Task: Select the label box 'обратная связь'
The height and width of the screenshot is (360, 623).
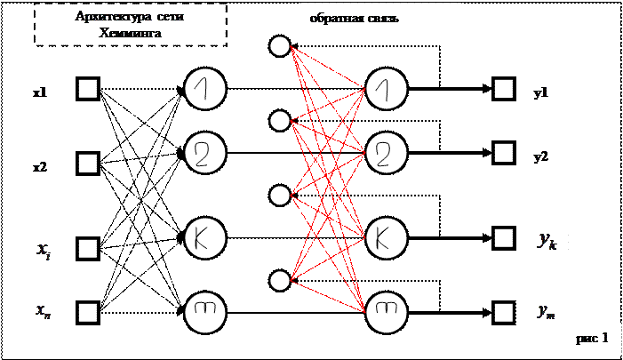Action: click(x=380, y=19)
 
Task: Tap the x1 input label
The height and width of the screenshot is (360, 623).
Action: click(x=44, y=92)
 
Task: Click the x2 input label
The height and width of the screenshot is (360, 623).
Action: click(x=44, y=167)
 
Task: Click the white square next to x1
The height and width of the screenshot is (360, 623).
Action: click(x=87, y=89)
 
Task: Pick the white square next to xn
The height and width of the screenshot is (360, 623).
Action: click(x=87, y=311)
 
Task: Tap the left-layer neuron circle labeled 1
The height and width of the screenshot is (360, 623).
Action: click(x=204, y=89)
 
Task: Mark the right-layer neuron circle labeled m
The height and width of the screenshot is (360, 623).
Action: click(x=384, y=311)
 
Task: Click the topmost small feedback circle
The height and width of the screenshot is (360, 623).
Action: click(x=279, y=45)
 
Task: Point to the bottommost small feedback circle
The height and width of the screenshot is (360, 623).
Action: click(x=279, y=281)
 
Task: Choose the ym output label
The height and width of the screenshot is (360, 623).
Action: click(x=545, y=310)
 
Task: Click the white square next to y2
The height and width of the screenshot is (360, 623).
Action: click(x=504, y=153)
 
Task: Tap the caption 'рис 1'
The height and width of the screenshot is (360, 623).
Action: click(x=593, y=338)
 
